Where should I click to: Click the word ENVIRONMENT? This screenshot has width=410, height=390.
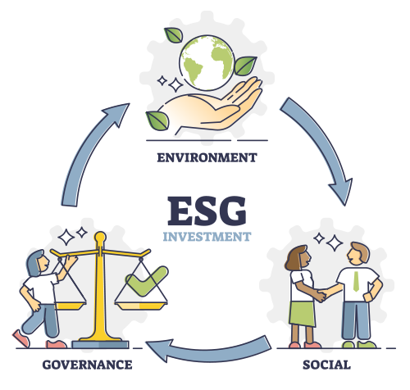[x=207, y=157]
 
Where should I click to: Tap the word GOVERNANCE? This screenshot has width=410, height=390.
[x=87, y=365]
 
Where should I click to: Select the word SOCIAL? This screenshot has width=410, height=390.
[x=326, y=365]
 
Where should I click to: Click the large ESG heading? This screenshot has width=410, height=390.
[x=207, y=211]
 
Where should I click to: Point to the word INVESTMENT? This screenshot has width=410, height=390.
[x=207, y=237]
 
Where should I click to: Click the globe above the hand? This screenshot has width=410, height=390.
[x=207, y=63]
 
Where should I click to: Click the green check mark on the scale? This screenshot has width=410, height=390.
[x=147, y=281]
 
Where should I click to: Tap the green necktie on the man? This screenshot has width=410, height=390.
[x=356, y=282]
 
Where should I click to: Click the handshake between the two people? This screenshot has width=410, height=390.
[x=323, y=295]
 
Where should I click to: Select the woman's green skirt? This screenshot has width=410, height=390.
[x=302, y=314]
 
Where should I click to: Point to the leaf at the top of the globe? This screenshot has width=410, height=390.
[x=174, y=35]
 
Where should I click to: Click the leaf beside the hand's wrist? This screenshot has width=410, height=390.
[x=157, y=120]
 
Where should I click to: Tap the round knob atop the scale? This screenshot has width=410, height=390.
[x=100, y=237]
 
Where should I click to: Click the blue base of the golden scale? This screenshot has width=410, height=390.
[x=100, y=344]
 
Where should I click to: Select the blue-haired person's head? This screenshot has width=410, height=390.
[x=37, y=263]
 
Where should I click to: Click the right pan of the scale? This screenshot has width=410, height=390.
[x=141, y=306]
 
